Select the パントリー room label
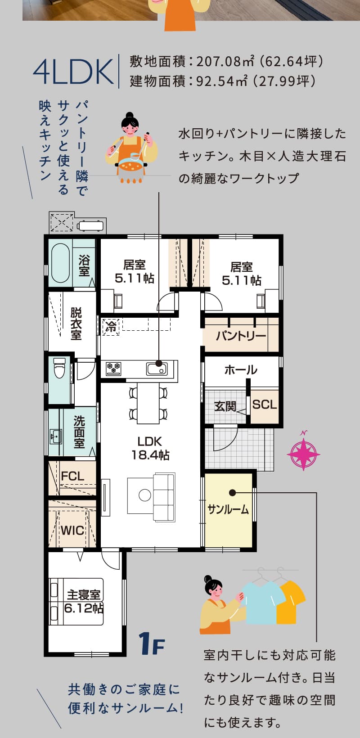[241, 336]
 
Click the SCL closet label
[265, 404]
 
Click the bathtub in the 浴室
[61, 263]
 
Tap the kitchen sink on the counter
[157, 369]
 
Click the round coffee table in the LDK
[145, 495]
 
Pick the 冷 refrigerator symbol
[111, 327]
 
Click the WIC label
[72, 531]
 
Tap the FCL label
[72, 476]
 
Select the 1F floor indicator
[151, 643]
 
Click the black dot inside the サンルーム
[233, 493]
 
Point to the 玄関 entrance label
[225, 406]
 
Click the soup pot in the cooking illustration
[131, 166]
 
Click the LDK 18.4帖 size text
[150, 448]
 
